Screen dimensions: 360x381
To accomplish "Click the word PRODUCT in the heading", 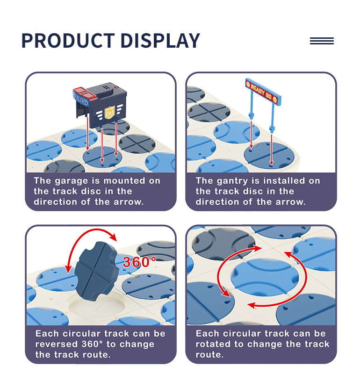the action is tap(68, 41).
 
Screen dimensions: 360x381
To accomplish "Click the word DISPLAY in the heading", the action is tap(160, 41).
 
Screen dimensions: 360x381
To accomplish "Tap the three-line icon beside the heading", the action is tap(322, 41).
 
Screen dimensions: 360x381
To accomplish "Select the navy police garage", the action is tap(100, 105).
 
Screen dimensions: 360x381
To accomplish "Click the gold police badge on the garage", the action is tap(109, 113).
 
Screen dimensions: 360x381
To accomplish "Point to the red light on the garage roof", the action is tap(85, 94).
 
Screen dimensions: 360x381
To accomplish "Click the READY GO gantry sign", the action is tap(263, 92).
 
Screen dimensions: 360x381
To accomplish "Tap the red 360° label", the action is tap(139, 262).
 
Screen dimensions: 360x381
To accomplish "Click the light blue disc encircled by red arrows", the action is tap(265, 277).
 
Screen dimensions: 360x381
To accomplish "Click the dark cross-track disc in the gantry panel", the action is tap(209, 112).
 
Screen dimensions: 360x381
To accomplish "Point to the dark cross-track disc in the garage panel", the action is tap(137, 144).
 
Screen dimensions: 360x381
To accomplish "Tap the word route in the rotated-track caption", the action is tap(209, 355).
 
